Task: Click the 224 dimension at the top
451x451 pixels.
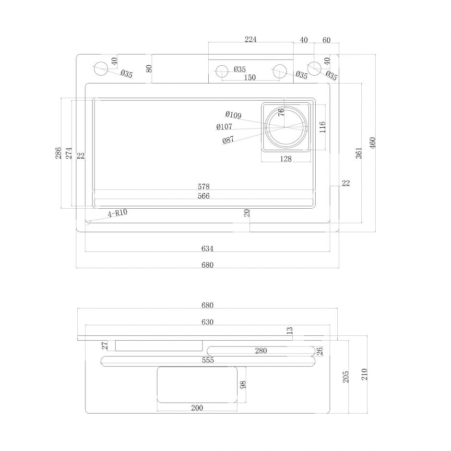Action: coord(250,40)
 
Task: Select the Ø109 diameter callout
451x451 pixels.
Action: coord(233,115)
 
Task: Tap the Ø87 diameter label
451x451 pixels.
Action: coord(228,140)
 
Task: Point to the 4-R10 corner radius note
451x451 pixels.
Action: coord(117,214)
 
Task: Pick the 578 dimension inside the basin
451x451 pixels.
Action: coord(203,186)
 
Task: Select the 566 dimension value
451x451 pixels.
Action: coord(203,196)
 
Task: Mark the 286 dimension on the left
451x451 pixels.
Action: coord(58,153)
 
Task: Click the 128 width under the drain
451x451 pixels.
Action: coord(285,159)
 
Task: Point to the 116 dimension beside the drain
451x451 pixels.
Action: coord(322,127)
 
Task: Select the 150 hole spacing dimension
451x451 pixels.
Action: coord(249,78)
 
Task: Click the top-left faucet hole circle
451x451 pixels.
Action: coord(101,69)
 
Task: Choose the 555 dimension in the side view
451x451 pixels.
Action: coord(207,360)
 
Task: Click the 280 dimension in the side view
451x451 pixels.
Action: coord(261,351)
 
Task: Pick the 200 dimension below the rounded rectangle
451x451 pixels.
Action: coord(197,408)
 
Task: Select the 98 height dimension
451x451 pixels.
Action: coord(243,385)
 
